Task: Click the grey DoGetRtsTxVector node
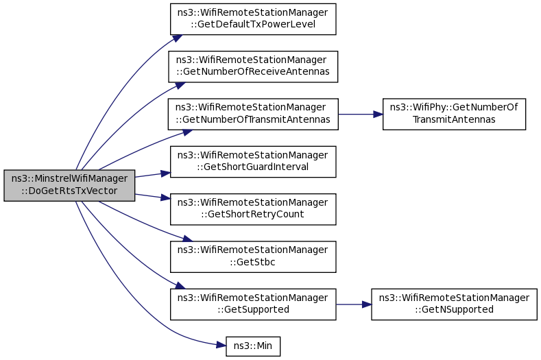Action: pos(69,185)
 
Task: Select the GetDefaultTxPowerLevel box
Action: pos(253,19)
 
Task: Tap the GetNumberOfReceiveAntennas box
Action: pos(253,67)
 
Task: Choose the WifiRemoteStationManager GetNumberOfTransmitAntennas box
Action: pos(253,115)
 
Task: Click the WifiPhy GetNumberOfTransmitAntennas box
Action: pos(454,115)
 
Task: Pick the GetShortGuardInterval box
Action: pos(253,162)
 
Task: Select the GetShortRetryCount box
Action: pos(253,210)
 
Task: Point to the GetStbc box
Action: pos(253,257)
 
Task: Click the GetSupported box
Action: pos(253,304)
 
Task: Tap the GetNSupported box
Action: pos(454,304)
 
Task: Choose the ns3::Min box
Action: pos(253,346)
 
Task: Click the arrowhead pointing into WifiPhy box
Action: pos(378,115)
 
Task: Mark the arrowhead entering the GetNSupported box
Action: pos(367,304)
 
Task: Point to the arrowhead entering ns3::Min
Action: pos(221,345)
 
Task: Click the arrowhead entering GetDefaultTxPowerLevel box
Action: pos(178,38)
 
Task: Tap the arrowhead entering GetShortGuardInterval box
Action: pos(166,173)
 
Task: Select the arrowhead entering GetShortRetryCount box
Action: pos(166,197)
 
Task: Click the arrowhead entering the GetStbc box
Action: pos(187,239)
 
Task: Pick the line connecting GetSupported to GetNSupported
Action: pos(354,304)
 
